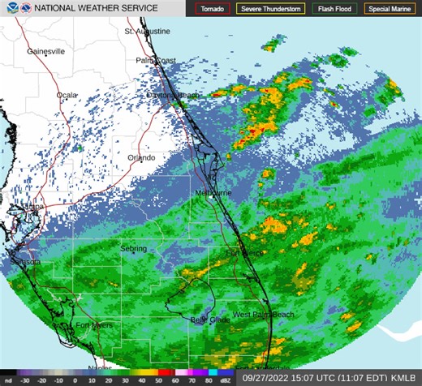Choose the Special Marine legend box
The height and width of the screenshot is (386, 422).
pos(389,9)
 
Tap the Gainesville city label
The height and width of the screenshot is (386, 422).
pos(45,51)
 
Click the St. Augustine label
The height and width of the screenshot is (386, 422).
pos(148,32)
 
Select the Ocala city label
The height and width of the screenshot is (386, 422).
pos(67,96)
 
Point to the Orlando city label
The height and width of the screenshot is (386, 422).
pos(141,157)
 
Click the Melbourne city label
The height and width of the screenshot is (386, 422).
pos(214,194)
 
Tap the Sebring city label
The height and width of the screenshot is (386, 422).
pos(134,247)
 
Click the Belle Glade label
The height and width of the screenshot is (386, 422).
pos(209,320)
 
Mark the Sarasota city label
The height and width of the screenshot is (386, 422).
pos(24,263)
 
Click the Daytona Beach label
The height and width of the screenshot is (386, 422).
pos(172,96)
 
